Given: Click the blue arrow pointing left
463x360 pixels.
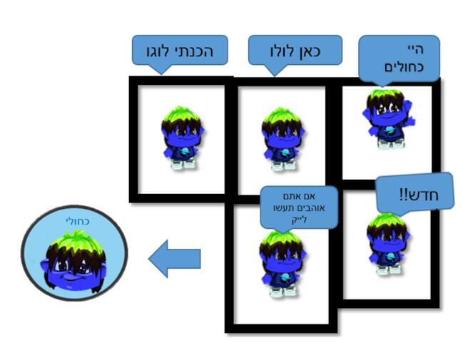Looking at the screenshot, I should point(174,258).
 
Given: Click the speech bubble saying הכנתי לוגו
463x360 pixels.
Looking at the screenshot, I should point(179,51).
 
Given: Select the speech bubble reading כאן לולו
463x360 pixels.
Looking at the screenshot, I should point(295,51).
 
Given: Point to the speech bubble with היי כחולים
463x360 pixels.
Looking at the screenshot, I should point(398,58).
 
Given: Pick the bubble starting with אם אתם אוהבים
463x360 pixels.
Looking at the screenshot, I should point(298,207).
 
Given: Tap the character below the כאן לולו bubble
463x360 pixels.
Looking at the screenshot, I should point(283,138).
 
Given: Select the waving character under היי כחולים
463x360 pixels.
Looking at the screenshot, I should point(386,118).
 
